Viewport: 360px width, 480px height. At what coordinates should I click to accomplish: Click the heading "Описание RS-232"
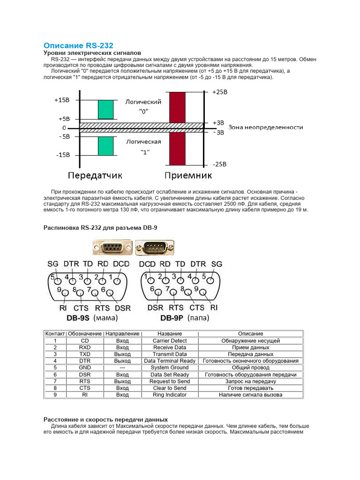click(x=78, y=45)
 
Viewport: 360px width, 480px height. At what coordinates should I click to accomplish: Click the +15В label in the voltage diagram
click(x=61, y=100)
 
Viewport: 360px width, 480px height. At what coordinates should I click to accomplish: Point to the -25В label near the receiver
click(x=219, y=165)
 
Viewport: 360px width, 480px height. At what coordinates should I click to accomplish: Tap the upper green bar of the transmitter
click(x=106, y=109)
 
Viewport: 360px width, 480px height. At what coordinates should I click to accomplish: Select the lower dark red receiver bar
click(x=177, y=149)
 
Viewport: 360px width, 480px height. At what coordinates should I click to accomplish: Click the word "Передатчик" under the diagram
click(x=95, y=176)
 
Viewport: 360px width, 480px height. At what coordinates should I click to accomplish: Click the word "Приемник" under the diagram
click(x=187, y=176)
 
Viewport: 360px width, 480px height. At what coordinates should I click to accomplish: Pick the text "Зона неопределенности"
click(x=265, y=127)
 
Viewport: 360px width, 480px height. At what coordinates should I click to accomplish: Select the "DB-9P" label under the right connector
click(x=172, y=318)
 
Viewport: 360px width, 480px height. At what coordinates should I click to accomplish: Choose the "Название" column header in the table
click(x=170, y=334)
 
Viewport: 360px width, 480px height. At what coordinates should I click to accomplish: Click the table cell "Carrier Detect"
click(x=170, y=341)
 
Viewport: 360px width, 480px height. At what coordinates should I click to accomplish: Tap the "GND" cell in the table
click(x=85, y=368)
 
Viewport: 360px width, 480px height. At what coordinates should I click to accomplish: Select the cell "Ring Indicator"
click(x=170, y=395)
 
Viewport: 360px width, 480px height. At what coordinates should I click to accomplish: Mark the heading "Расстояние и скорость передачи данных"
click(x=105, y=419)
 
